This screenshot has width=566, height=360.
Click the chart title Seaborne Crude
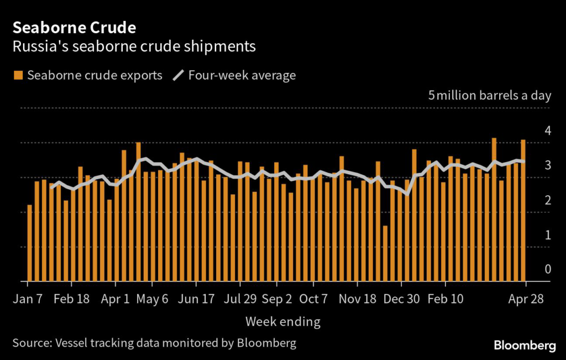(x=74, y=27)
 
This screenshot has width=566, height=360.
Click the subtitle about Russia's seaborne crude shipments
(x=134, y=46)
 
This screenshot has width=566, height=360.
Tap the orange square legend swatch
(x=18, y=75)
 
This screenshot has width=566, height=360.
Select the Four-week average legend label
(x=242, y=75)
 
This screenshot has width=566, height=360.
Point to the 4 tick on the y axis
(x=548, y=131)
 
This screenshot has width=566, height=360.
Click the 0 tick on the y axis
(x=548, y=269)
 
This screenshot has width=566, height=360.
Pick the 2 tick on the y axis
(x=548, y=200)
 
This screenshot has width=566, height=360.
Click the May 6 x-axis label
(x=152, y=299)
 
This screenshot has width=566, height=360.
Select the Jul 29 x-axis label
(x=239, y=299)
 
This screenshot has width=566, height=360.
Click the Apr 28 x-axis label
(x=526, y=299)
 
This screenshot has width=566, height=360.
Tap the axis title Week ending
(x=282, y=321)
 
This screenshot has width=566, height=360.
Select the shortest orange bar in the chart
(x=385, y=253)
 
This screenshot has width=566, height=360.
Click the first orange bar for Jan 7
(x=30, y=243)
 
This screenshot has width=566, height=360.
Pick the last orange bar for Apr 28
(x=523, y=210)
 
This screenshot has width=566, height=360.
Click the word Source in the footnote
(x=31, y=343)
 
